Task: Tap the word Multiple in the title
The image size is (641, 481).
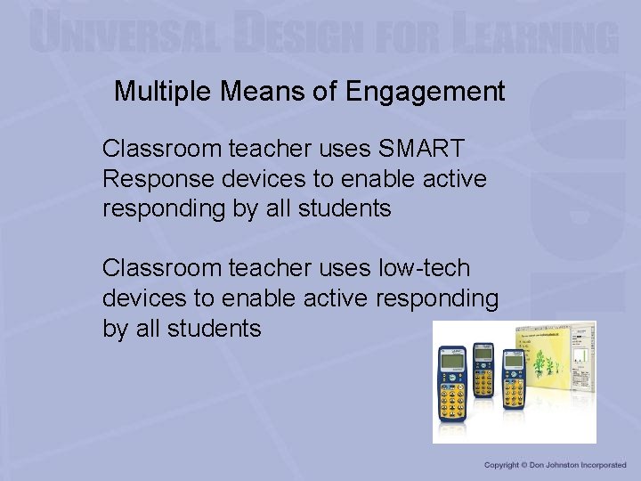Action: point(158,91)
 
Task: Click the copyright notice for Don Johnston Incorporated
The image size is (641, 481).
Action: point(556,465)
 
